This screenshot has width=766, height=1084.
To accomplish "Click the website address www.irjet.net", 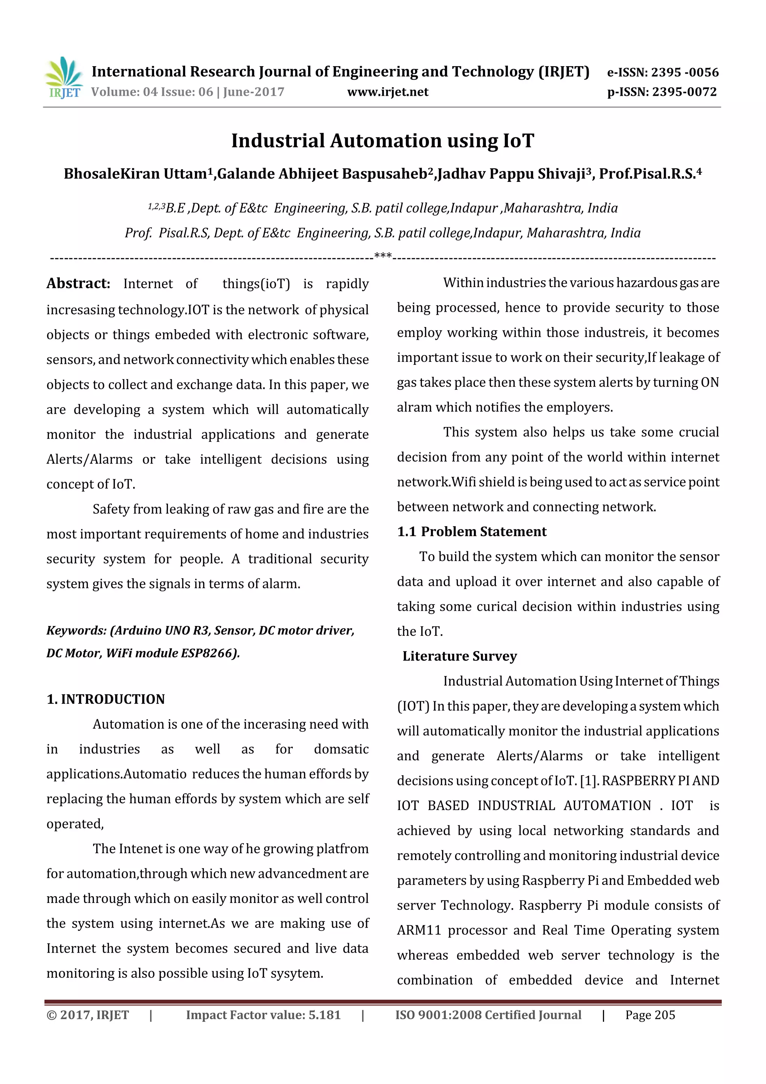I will coord(387,92).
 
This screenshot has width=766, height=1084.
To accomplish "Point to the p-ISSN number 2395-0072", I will coord(684,92).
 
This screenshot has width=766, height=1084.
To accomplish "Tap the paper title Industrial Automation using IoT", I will coord(382,141).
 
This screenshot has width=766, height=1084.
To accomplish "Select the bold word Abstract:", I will coord(78,283).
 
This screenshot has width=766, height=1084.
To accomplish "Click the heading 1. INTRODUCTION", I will coord(106,699).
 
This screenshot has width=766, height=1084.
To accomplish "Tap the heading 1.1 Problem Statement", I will coord(472,532).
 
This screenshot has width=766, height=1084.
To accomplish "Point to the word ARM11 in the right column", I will coord(419,930).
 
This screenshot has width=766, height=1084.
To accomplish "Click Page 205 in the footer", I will coord(650,1015).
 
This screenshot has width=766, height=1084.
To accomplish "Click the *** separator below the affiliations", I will coord(382,256).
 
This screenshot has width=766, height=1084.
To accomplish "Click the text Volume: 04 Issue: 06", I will coord(152,92).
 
